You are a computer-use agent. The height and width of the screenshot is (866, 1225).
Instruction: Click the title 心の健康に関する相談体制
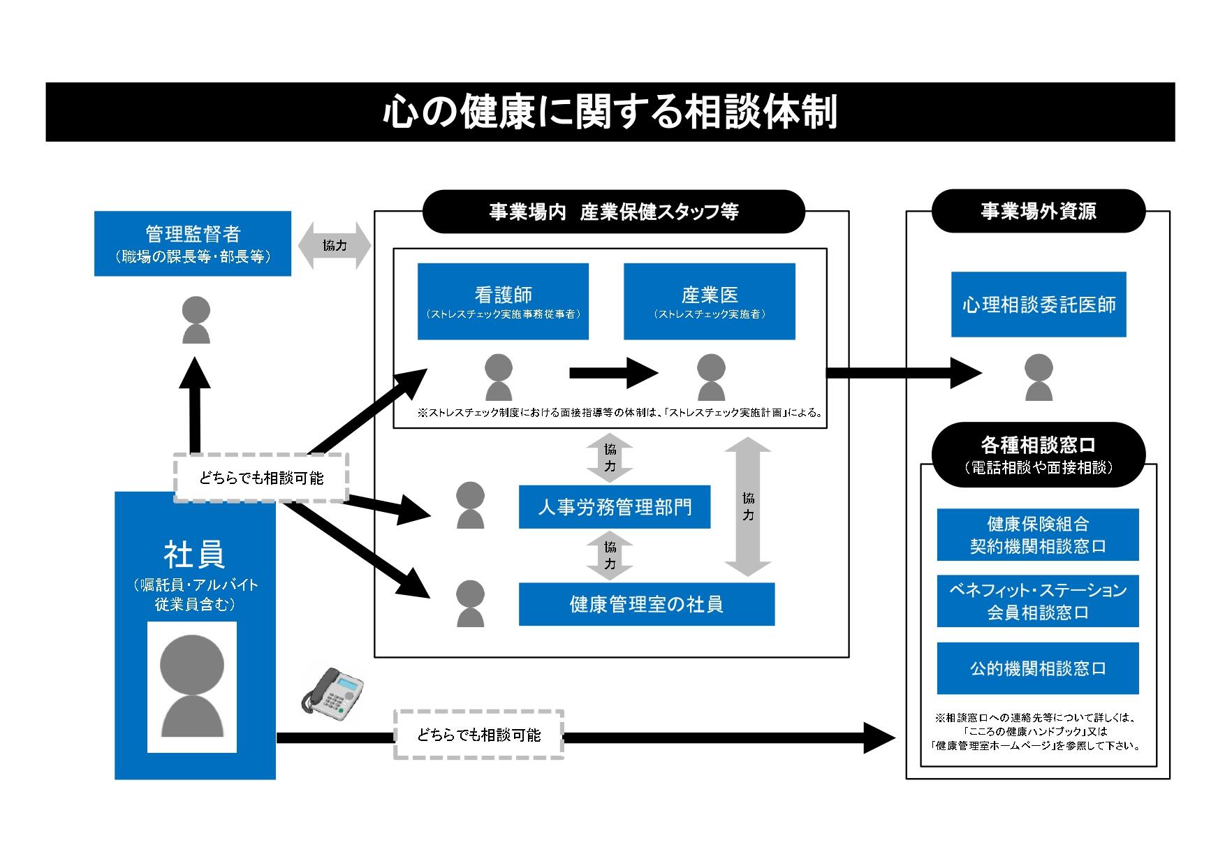[610, 112]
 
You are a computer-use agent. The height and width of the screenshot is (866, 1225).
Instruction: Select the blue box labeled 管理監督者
[193, 244]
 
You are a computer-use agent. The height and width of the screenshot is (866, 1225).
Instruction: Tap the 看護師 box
[503, 302]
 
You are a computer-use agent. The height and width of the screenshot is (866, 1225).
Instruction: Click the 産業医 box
[709, 302]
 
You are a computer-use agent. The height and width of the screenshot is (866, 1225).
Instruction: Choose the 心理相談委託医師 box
[1039, 304]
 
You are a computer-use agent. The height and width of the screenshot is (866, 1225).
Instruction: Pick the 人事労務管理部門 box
[615, 507]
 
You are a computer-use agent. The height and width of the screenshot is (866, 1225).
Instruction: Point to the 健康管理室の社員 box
[646, 604]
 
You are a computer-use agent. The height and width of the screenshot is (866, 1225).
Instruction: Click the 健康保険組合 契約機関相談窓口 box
[1038, 535]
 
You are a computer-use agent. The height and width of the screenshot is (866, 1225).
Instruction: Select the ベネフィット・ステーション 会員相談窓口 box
[1038, 601]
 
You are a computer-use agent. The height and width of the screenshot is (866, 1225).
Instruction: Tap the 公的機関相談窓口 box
[1038, 668]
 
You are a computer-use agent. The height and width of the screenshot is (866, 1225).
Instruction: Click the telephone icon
[332, 694]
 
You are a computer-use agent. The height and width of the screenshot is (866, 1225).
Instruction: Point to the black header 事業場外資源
[1038, 212]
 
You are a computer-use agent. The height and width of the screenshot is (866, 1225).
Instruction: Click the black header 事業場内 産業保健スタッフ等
[613, 212]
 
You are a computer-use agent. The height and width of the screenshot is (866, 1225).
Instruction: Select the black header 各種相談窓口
[1038, 455]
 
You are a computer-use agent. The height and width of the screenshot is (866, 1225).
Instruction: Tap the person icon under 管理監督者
[196, 320]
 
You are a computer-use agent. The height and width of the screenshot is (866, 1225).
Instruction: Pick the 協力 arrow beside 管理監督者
[335, 246]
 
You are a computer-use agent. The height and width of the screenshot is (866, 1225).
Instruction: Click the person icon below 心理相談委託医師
[1039, 377]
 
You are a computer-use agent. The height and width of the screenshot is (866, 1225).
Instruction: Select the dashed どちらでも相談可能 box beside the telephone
[478, 735]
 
